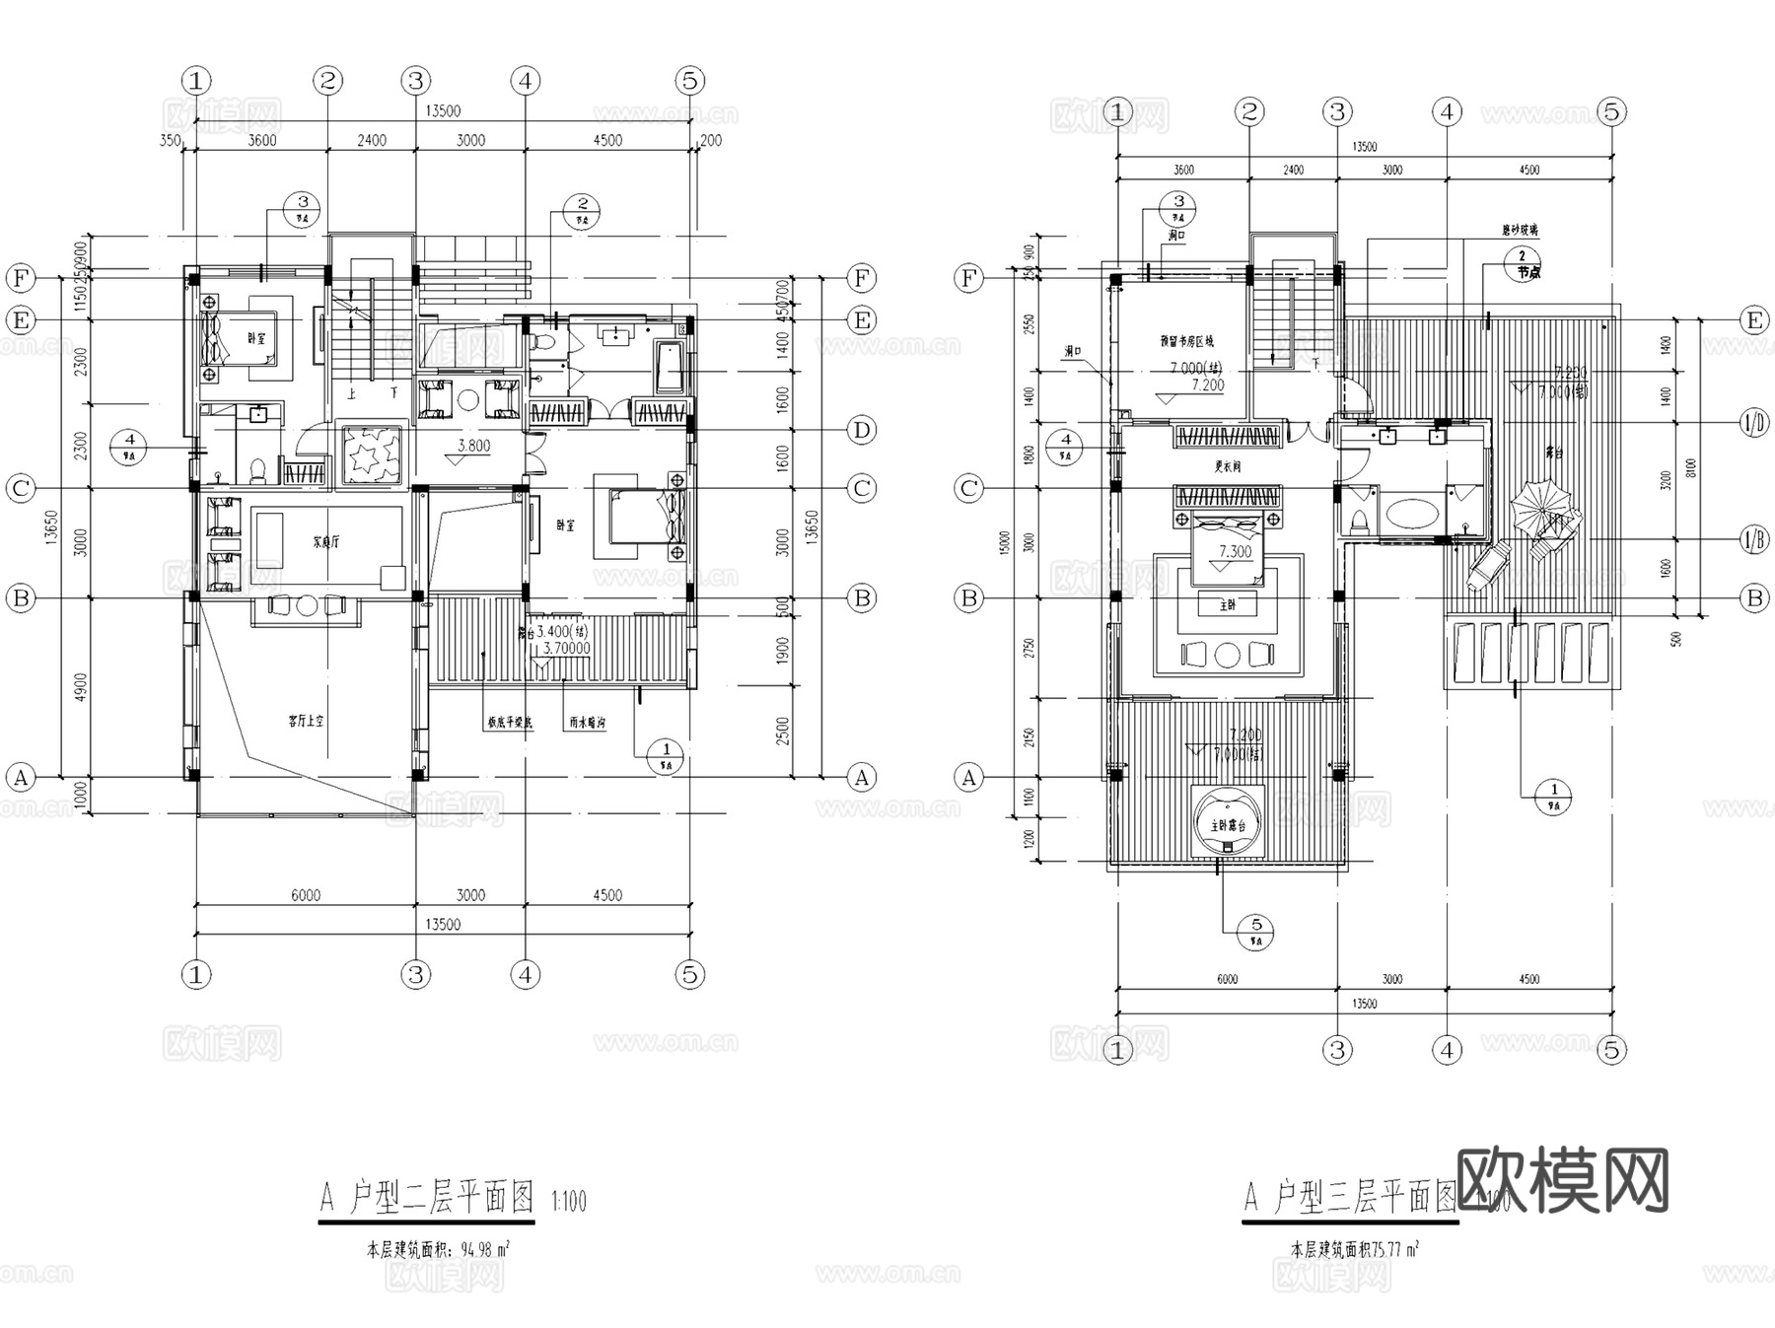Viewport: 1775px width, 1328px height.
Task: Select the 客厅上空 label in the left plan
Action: tap(305, 721)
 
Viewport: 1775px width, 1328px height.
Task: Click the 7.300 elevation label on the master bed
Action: tap(1235, 552)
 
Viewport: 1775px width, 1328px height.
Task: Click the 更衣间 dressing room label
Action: tap(1227, 466)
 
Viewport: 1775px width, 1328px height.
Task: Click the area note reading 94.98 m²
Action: tap(438, 1250)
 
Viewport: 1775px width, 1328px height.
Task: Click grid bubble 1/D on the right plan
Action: tap(1754, 424)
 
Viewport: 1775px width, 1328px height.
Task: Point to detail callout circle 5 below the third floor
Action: tap(1256, 929)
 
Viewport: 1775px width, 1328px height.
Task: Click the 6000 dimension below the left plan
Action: tap(305, 895)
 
